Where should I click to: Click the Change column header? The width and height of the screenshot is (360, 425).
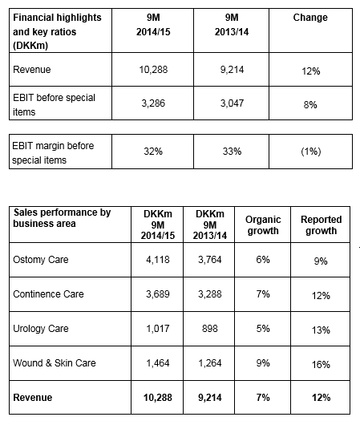[x=310, y=18]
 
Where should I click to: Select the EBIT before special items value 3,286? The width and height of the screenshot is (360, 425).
[x=153, y=103]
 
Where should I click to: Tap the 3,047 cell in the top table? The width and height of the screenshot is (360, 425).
[x=232, y=103]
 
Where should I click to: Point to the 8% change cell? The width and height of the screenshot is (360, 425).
[x=310, y=104]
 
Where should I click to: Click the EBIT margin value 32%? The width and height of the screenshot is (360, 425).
[x=153, y=152]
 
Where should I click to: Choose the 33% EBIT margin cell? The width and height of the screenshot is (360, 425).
[x=232, y=152]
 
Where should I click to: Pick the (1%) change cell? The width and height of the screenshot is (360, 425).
[x=311, y=152]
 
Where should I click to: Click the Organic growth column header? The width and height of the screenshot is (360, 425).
[x=263, y=225]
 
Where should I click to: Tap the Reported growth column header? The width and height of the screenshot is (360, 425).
[x=321, y=225]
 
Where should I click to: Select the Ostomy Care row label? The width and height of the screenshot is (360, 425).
[x=41, y=260]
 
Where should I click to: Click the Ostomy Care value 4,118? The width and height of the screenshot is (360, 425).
[x=158, y=260]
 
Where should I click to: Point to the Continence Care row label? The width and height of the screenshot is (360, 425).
[x=48, y=294]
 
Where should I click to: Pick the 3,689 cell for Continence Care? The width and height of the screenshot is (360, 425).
[x=158, y=294]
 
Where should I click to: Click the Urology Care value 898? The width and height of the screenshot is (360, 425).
[x=210, y=329]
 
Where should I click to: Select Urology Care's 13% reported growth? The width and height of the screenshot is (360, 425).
[x=321, y=330]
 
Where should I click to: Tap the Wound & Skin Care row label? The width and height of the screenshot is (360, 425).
[x=55, y=363]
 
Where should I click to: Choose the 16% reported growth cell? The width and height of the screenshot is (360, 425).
[x=321, y=365]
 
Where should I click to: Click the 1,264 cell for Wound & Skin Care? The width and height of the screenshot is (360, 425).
[x=210, y=363]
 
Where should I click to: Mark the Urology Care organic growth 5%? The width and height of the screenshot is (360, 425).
[x=263, y=329]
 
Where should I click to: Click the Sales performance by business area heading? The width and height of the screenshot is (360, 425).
[x=62, y=218]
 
